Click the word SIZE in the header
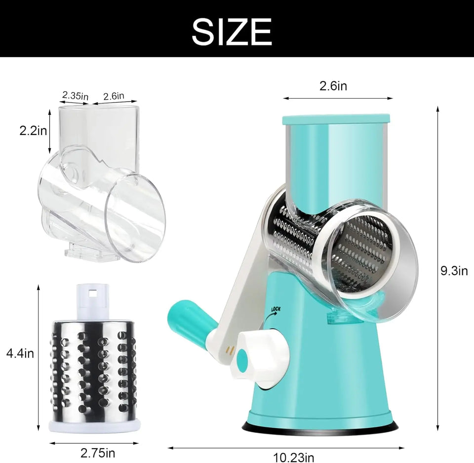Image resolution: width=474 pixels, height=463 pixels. tap(232, 32)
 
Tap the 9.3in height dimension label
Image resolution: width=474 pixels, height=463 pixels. tap(454, 271)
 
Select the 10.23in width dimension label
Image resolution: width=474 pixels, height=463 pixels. tap(294, 457)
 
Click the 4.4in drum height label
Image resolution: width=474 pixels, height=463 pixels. tap(20, 353)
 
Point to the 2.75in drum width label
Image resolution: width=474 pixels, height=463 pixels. tap(98, 453)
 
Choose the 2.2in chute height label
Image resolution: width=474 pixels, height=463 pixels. tap(33, 131)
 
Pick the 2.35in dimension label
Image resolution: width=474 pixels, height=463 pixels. tap(75, 95)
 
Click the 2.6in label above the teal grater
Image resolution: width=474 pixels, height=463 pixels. tap(333, 86)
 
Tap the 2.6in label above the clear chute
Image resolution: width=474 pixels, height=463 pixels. tap(114, 96)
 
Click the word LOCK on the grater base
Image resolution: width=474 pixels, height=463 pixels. tap(276, 309)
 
